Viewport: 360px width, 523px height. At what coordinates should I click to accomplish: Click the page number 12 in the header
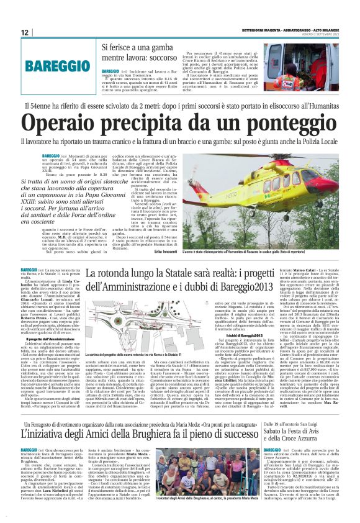coord(25,32)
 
